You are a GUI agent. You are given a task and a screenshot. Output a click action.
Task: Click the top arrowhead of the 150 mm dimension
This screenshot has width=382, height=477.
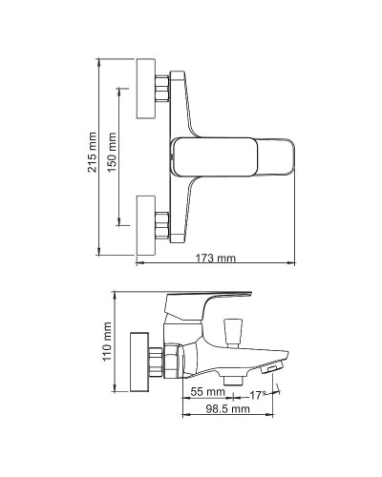(120, 91)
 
